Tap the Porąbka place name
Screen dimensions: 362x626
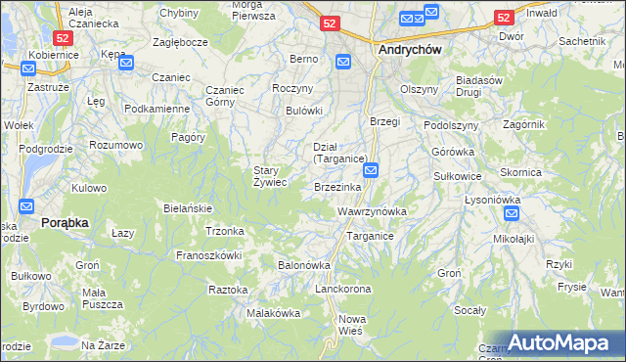(x=65, y=223)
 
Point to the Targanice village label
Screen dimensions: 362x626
(x=370, y=236)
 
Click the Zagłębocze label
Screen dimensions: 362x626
(x=179, y=44)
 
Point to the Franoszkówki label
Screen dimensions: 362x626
(x=207, y=254)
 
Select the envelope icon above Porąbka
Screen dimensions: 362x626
(x=27, y=206)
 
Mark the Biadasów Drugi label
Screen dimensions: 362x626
(x=478, y=86)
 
